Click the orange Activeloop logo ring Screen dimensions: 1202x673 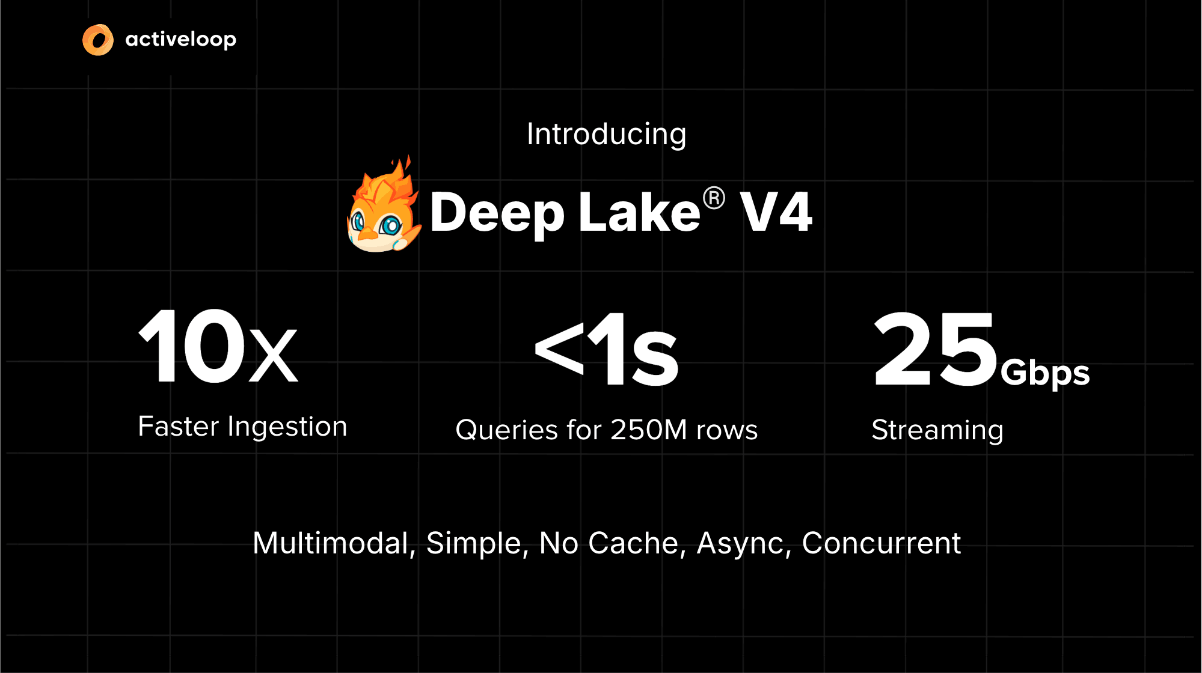click(98, 40)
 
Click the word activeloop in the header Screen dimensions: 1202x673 click(180, 40)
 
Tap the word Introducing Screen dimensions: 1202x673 click(606, 134)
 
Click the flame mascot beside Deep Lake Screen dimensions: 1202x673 click(383, 207)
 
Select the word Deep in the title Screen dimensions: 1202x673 click(497, 213)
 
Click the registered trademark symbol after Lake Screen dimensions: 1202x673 click(714, 198)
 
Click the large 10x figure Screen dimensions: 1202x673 click(218, 347)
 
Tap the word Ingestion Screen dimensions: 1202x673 click(287, 427)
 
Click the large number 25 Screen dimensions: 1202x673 click(934, 350)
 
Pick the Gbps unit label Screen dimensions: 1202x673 click(1045, 373)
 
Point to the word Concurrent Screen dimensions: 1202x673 click(881, 543)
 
